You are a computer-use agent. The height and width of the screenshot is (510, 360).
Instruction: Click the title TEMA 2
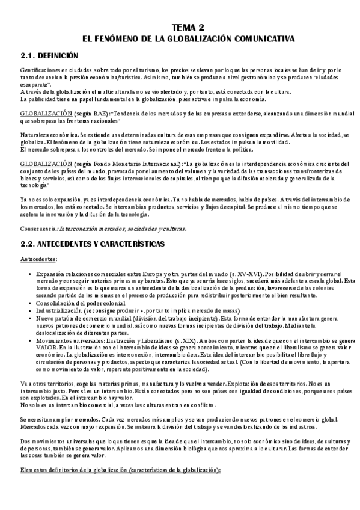point(188,27)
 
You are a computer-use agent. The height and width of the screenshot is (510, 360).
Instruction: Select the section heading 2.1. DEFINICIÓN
point(46,55)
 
